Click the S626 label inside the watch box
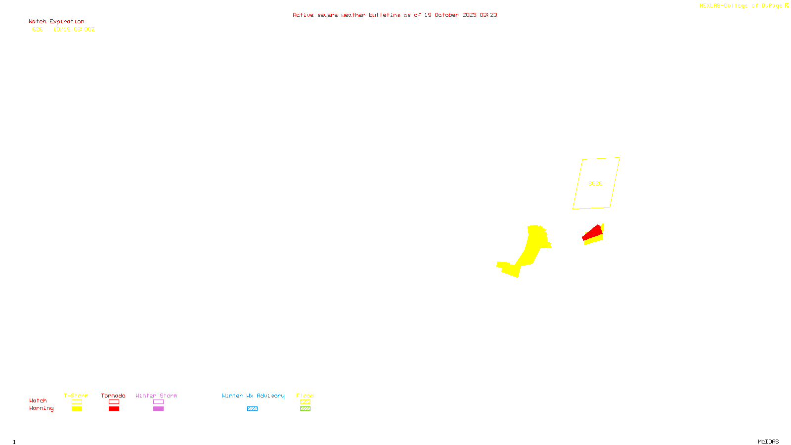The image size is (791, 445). pos(595,183)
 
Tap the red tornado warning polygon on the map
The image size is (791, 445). pos(593,232)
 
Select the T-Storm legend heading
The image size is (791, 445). pos(76,396)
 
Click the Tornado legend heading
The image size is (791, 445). pos(113,396)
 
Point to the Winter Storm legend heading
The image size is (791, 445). pos(156,396)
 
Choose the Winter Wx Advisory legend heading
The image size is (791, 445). pos(253,396)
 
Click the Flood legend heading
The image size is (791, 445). pos(305,396)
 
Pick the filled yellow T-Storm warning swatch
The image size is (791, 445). pos(77,409)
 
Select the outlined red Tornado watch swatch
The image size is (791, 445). pos(114,402)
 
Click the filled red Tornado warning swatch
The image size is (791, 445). pos(114,409)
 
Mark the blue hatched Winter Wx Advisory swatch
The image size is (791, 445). pos(252,409)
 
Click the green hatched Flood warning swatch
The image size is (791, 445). pos(305,409)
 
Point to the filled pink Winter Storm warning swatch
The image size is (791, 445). pos(158,409)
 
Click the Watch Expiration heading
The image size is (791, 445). pos(56,22)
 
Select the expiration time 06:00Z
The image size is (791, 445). pos(84,30)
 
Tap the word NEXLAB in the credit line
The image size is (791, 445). pos(709,6)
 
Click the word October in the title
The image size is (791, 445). pos(446,15)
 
